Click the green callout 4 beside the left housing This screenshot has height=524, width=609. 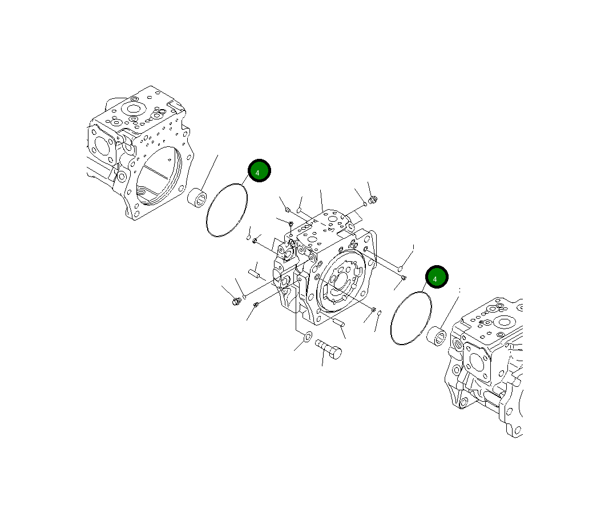[x=259, y=171]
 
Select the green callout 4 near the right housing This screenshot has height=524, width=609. [x=436, y=278]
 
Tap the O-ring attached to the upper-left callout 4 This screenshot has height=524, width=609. [x=226, y=210]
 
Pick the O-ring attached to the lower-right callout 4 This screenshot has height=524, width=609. [x=410, y=318]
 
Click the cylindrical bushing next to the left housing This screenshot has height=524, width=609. [x=197, y=198]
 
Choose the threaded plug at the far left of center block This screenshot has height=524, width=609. [x=236, y=301]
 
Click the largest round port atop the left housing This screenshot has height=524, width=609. [x=134, y=109]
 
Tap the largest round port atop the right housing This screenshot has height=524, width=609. [x=502, y=321]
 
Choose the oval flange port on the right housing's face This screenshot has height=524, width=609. [x=475, y=361]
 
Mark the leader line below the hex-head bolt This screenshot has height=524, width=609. [x=322, y=359]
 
